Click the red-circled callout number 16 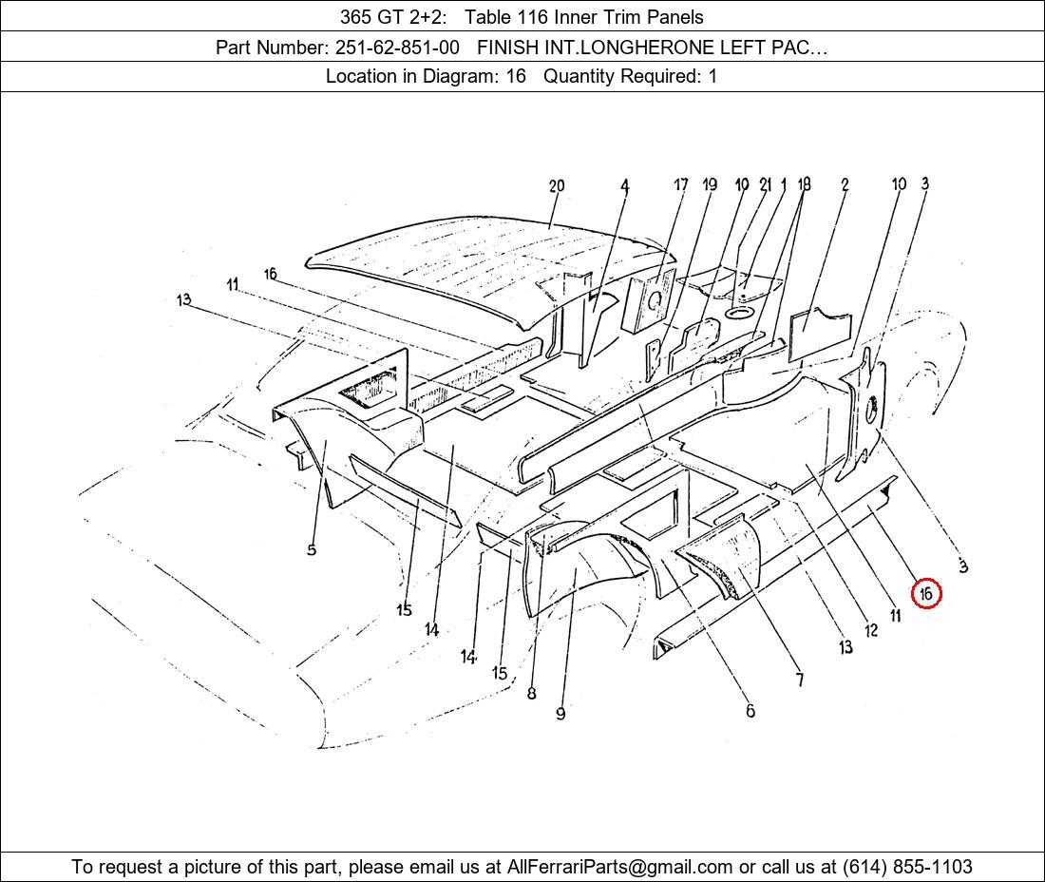(x=925, y=593)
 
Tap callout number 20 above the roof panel (x=557, y=186)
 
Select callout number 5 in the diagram (x=312, y=550)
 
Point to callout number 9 (x=560, y=714)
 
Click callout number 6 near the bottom (x=750, y=711)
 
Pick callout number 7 (x=800, y=680)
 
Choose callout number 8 (x=531, y=693)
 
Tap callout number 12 (x=871, y=630)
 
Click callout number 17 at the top (x=680, y=184)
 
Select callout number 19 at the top (x=710, y=184)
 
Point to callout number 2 (x=845, y=184)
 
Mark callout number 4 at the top (x=624, y=186)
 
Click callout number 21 (x=766, y=184)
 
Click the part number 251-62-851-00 (x=397, y=48)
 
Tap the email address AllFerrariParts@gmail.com (x=619, y=867)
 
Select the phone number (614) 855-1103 (x=907, y=867)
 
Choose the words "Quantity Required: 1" (x=631, y=76)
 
